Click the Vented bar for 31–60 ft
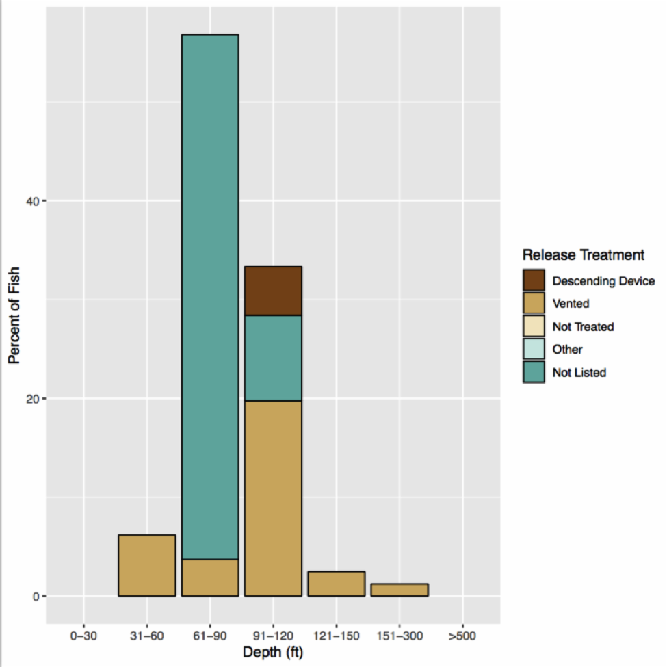coord(146,565)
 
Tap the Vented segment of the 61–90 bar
coord(210,577)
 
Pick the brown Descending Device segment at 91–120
coord(273,291)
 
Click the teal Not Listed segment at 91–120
coord(273,358)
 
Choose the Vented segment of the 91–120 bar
coord(273,498)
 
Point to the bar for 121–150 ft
coord(336,584)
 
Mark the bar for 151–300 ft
coord(400,590)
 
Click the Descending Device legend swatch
coord(534,280)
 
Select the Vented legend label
coord(571,304)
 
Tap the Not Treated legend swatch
coord(534,326)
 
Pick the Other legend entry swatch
coord(534,349)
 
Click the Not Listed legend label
coord(579,373)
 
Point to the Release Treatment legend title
coord(583,255)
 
